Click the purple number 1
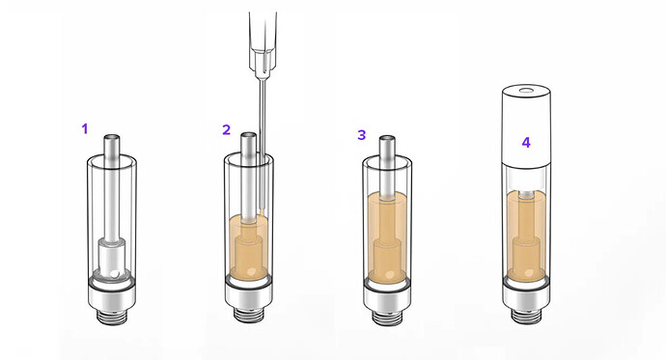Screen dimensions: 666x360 click(x=85, y=128)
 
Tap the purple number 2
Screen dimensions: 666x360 click(x=227, y=129)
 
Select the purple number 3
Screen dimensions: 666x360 click(x=361, y=135)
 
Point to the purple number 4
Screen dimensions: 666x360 click(x=526, y=143)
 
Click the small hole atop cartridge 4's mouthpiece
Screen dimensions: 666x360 click(x=527, y=90)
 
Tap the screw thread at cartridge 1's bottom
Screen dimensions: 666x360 click(x=112, y=318)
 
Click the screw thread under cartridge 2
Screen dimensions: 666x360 click(x=249, y=315)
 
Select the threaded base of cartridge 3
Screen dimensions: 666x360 click(x=387, y=318)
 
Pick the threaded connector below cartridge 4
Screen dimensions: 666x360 click(x=527, y=316)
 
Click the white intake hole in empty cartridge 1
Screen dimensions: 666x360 click(x=114, y=275)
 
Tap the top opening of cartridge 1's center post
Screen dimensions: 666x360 click(x=112, y=138)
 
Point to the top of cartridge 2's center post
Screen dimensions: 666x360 click(x=249, y=136)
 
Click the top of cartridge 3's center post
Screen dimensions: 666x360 click(x=387, y=139)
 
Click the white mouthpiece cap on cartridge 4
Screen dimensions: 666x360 click(x=527, y=125)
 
